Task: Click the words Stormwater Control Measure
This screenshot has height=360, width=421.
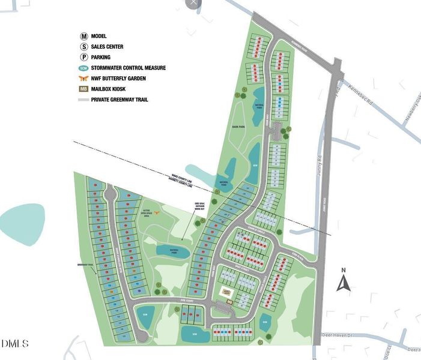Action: click(x=129, y=68)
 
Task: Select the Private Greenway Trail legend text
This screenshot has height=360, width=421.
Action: click(x=120, y=100)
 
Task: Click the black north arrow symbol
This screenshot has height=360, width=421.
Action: click(x=343, y=283)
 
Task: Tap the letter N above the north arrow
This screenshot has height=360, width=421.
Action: click(x=343, y=269)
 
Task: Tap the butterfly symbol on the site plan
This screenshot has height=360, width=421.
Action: click(x=158, y=212)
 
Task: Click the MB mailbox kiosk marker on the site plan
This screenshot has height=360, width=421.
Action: click(x=229, y=303)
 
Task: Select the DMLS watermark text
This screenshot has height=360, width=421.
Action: click(x=15, y=343)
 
